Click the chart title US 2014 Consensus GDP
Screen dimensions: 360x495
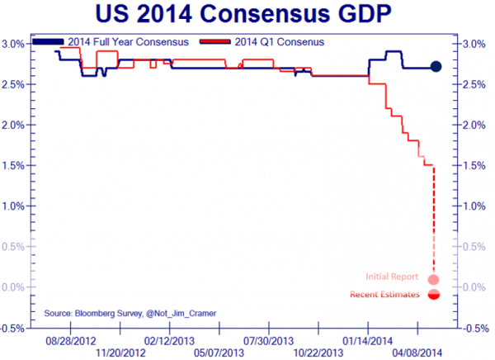click(x=247, y=16)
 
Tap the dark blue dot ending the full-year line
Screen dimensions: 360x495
click(x=436, y=67)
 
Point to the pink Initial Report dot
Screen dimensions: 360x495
click(x=434, y=279)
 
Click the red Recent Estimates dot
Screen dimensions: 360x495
click(x=434, y=295)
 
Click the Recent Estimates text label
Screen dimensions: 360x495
click(x=384, y=295)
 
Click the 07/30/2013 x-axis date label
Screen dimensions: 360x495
click(x=269, y=339)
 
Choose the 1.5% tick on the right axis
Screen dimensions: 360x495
click(x=476, y=165)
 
